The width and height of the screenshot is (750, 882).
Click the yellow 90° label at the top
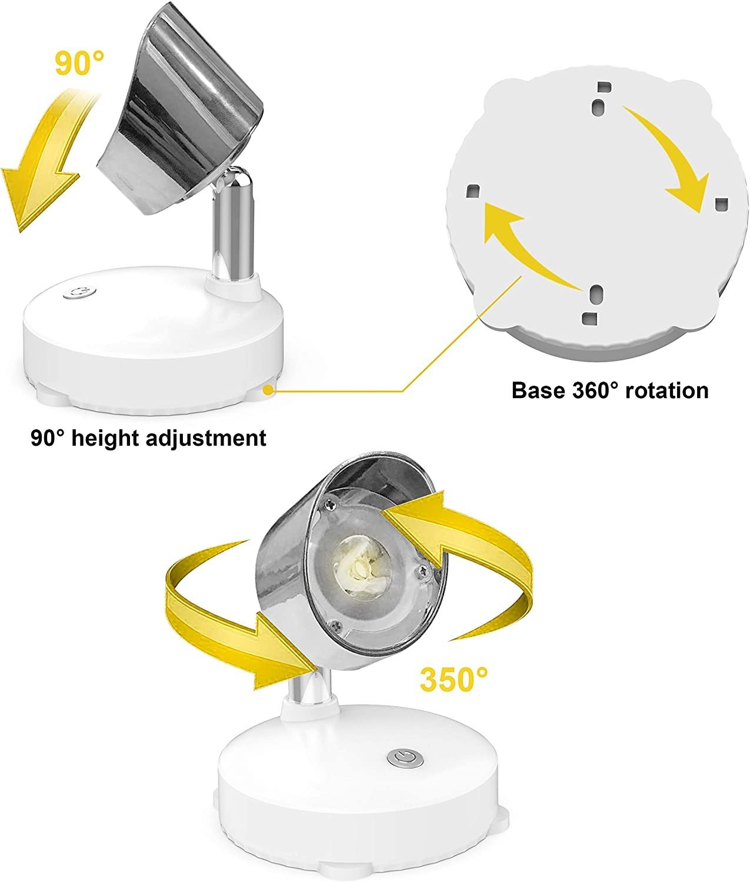80,63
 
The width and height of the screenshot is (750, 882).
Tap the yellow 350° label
454,680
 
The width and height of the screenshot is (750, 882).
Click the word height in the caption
105,439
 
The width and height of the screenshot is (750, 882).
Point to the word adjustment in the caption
206,439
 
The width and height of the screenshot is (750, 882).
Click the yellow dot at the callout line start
268,390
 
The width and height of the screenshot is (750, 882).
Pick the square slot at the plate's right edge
721,205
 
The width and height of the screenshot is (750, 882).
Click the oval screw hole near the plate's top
599,105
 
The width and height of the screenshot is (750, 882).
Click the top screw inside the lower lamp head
331,504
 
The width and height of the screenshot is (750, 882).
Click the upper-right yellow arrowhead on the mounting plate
687,192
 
